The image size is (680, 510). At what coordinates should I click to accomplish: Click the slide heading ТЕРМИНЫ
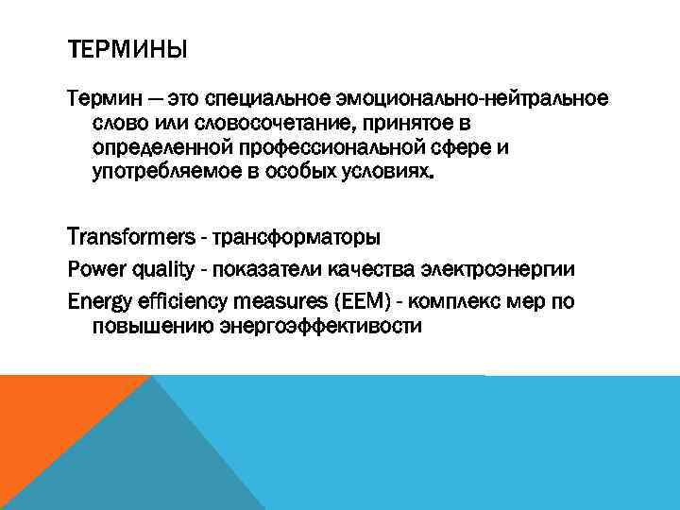point(127,48)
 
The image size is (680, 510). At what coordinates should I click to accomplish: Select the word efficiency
point(190,301)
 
